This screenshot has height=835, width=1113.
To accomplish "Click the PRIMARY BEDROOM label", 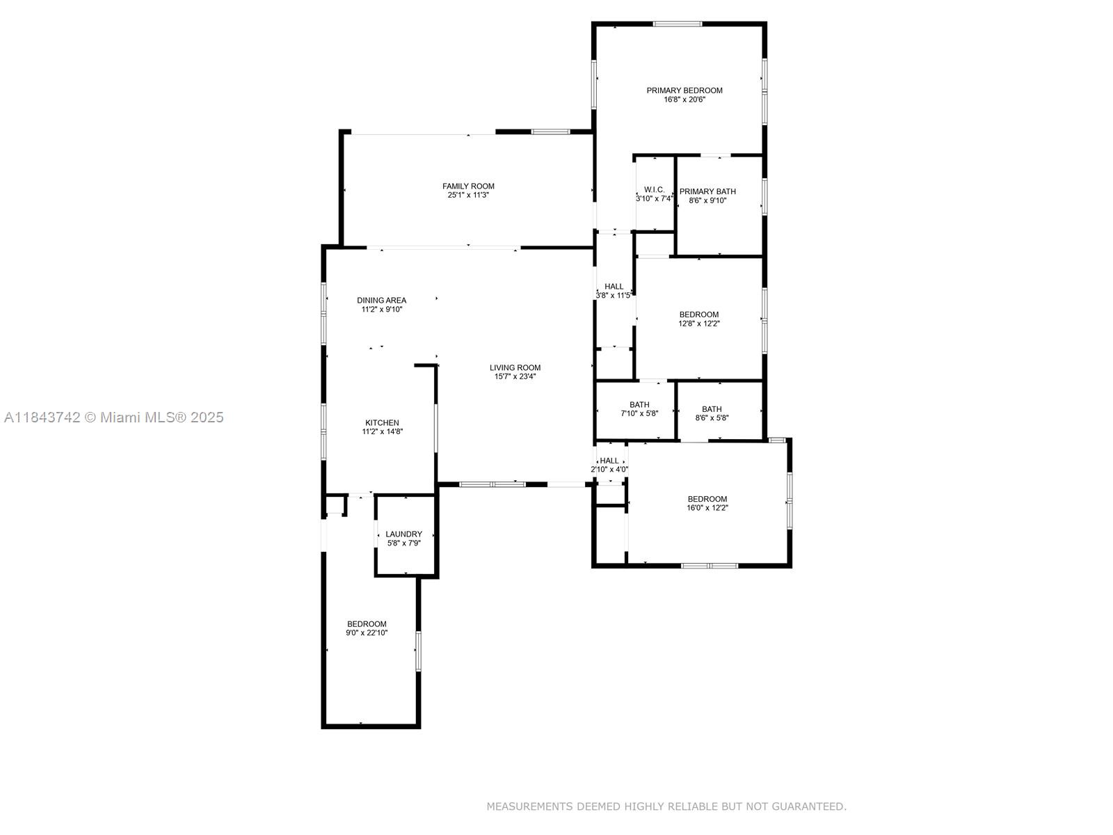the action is (x=684, y=90).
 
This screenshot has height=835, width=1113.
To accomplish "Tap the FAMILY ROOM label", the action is (x=468, y=186).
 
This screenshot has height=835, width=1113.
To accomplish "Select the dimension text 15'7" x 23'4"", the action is (x=515, y=376).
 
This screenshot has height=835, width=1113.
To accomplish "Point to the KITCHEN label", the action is (x=382, y=423).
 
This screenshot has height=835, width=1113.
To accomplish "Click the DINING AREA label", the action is (x=381, y=300).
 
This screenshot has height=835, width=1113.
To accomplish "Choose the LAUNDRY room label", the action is (x=403, y=534).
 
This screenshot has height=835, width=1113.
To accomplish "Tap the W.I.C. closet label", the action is (x=654, y=189).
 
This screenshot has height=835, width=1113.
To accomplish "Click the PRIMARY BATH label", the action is (x=707, y=191).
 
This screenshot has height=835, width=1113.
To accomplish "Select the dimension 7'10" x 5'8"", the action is (x=639, y=413).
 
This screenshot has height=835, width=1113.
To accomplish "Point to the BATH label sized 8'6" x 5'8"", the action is (x=712, y=409).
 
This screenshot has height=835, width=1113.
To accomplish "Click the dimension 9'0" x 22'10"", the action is (x=367, y=633).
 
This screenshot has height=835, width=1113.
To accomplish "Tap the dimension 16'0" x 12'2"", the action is (x=707, y=507).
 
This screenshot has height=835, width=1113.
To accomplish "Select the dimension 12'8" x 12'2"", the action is (x=698, y=323).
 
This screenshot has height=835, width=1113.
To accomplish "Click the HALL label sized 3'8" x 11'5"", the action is (x=614, y=287).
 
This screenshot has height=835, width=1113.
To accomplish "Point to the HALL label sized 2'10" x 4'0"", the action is (x=609, y=461).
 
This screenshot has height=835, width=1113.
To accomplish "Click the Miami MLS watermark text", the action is (x=113, y=417).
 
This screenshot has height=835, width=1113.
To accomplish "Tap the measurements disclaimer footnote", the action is (x=666, y=806).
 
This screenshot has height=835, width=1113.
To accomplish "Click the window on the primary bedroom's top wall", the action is (x=677, y=24).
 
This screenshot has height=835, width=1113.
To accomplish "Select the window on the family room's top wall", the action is (x=550, y=132).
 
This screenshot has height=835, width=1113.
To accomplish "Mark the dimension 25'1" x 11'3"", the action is (x=468, y=195).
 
